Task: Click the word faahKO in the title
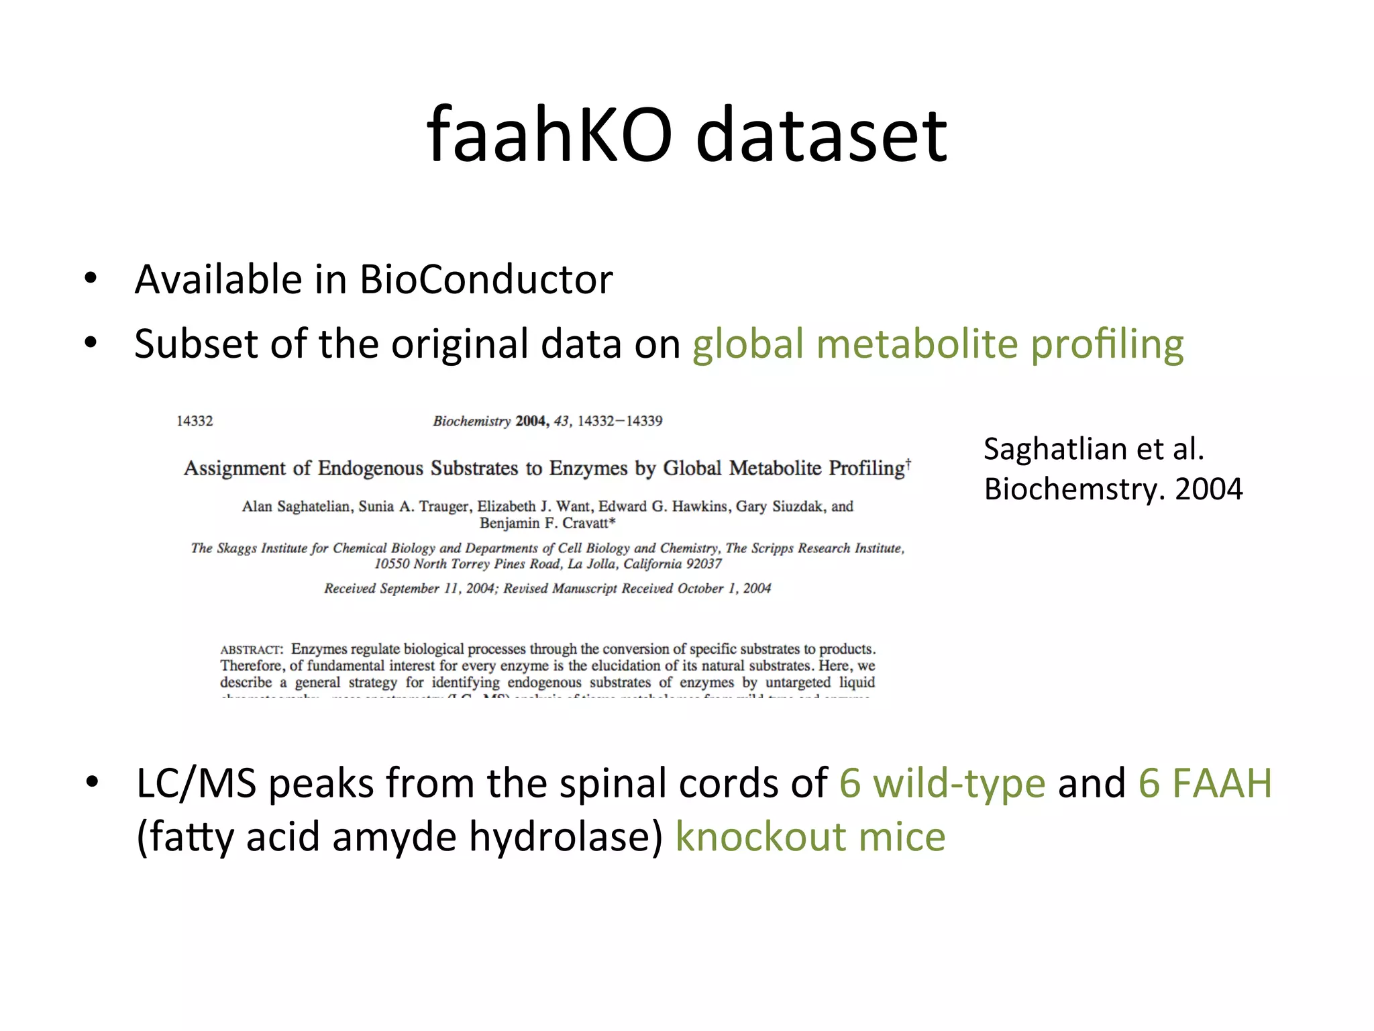coord(549,136)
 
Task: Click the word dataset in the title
coord(821,136)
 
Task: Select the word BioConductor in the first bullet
coord(486,279)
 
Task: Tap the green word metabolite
coord(917,344)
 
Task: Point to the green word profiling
coord(1107,345)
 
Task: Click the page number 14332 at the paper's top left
coord(195,421)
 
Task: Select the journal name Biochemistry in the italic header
coord(472,421)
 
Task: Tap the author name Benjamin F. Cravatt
coord(547,523)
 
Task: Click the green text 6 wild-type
coord(942,783)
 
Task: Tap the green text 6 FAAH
coord(1205,783)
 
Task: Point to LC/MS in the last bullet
coord(196,783)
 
